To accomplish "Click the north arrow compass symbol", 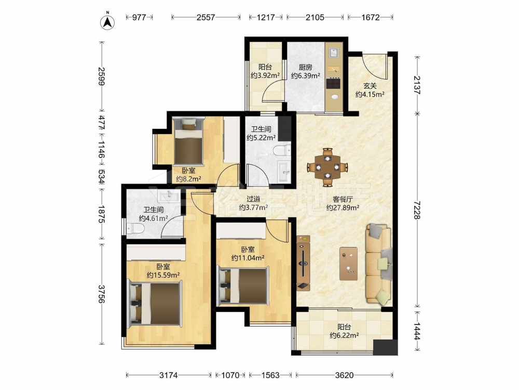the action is (x=107, y=22).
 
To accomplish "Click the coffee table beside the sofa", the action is (x=349, y=263).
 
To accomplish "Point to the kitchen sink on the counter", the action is (x=333, y=53).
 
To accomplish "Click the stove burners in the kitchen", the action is (x=333, y=83).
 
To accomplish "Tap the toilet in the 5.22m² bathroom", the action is (x=282, y=151).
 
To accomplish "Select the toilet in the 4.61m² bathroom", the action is (x=135, y=228).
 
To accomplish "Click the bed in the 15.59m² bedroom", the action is (x=155, y=303).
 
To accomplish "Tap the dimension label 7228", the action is (x=417, y=210).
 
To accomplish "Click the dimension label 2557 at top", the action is (x=206, y=17).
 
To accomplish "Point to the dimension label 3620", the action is (x=344, y=375).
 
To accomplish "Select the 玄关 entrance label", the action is (x=370, y=86).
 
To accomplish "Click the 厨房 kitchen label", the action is (x=306, y=67).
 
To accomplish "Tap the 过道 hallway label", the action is (x=253, y=199).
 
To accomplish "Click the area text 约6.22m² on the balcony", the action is (x=344, y=335).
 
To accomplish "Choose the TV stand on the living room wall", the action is (x=303, y=263).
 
